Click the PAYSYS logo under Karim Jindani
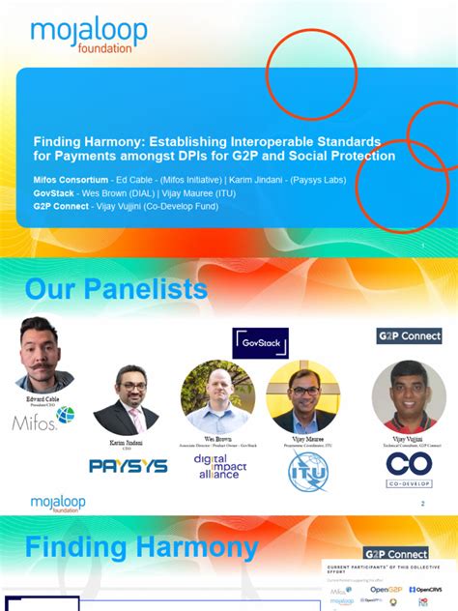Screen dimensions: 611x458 pos(129,465)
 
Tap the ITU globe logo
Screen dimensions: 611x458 pos(308,469)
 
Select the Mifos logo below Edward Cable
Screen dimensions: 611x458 pos(43,420)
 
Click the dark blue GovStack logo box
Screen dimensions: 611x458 pos(260,343)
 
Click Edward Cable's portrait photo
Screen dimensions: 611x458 pos(45,353)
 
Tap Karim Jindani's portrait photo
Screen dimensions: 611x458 pos(126,400)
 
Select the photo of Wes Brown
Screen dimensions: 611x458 pos(217,396)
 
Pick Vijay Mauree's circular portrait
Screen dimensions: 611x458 pos(302,397)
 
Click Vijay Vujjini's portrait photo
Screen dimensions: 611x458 pos(409,396)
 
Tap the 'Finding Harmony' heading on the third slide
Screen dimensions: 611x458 pos(141,548)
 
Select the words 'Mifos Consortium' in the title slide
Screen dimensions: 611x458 pos(71,180)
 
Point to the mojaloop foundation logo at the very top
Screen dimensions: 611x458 pos(89,36)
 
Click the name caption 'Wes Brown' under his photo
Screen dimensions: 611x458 pos(217,437)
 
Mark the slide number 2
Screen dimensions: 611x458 pos(422,504)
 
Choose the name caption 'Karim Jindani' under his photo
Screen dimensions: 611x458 pos(126,442)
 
